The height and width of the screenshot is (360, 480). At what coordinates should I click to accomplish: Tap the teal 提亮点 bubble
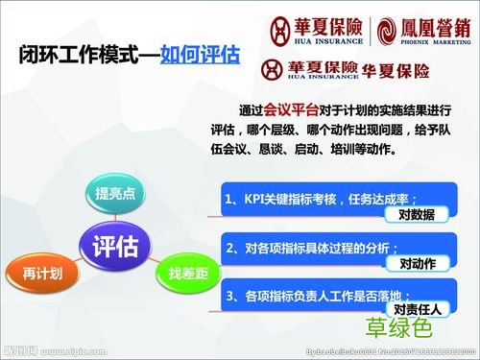pos(114,192)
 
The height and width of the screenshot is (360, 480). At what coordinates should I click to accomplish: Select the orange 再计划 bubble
pos(43,274)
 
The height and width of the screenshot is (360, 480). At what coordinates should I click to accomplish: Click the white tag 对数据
pos(416,214)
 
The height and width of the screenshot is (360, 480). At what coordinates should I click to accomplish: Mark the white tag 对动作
pos(416,262)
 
